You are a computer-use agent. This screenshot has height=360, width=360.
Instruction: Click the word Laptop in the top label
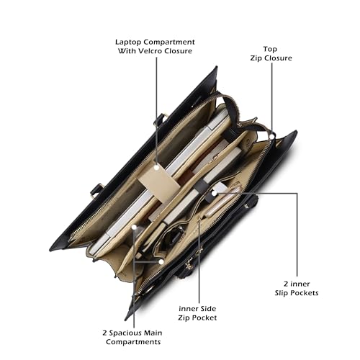pyautogui.click(x=128, y=42)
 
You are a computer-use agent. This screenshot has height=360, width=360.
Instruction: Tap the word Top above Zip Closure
pyautogui.click(x=270, y=50)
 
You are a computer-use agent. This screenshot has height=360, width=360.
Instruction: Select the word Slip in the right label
pyautogui.click(x=282, y=293)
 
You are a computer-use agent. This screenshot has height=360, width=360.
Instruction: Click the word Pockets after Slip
pyautogui.click(x=305, y=293)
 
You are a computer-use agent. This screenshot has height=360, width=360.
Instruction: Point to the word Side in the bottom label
pyautogui.click(x=207, y=309)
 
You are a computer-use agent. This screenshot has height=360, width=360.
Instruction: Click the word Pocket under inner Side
pyautogui.click(x=204, y=318)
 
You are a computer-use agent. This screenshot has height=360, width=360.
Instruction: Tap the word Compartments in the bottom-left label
pyautogui.click(x=133, y=342)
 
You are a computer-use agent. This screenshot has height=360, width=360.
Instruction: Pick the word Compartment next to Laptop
pyautogui.click(x=169, y=42)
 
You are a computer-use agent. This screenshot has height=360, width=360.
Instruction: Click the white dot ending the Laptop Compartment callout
pyautogui.click(x=156, y=168)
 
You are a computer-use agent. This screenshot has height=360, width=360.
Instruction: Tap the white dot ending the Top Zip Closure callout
pyautogui.click(x=272, y=136)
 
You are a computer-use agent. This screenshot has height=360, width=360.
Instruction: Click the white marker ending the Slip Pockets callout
pyautogui.click(x=214, y=193)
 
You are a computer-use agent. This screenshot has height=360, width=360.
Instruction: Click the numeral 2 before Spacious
pyautogui.click(x=104, y=333)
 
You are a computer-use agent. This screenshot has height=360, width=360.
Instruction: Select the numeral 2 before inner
pyautogui.click(x=286, y=284)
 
